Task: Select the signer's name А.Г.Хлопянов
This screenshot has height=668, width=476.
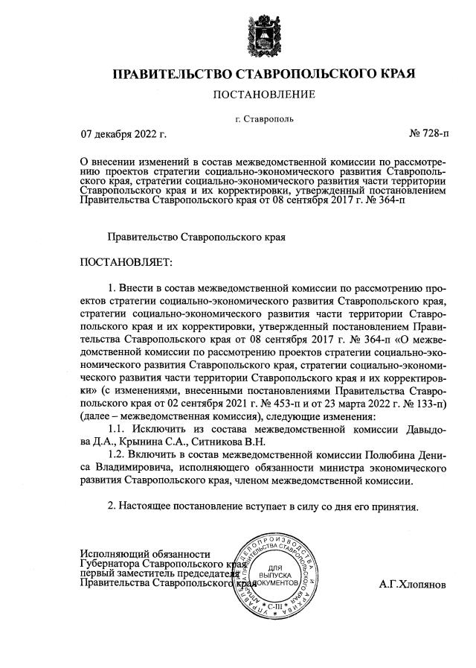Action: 413,585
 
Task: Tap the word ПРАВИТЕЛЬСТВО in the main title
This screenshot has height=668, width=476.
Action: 173,74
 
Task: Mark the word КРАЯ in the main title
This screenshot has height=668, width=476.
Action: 396,74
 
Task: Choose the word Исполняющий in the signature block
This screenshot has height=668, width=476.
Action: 112,553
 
